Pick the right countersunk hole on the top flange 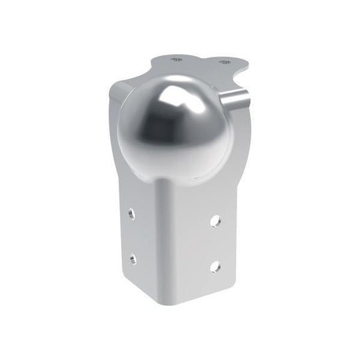point(221,61)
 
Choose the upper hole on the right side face point(217,219)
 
